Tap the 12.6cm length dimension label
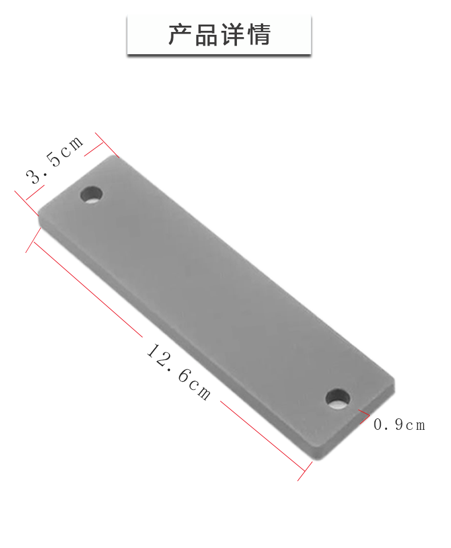point(179,371)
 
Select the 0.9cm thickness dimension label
point(400,425)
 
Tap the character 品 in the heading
point(206,35)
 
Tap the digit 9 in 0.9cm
point(397,425)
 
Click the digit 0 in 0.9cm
point(378,425)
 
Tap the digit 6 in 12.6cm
point(184,376)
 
